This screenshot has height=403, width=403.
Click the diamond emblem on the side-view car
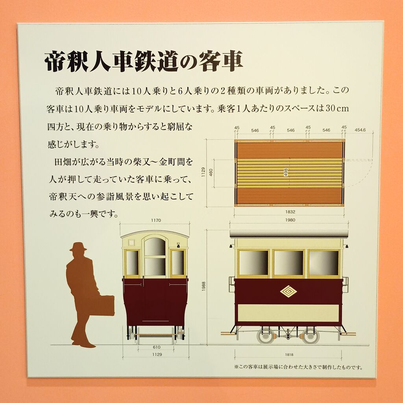[x=288, y=292]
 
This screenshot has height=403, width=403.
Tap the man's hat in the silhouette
[x=78, y=247]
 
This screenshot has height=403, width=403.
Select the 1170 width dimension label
[x=156, y=220]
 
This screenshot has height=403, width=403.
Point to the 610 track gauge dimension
[x=157, y=347]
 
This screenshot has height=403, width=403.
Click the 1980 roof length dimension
[x=290, y=220]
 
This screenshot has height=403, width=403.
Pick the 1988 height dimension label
[x=203, y=287]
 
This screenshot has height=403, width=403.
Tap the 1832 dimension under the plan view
[x=290, y=212]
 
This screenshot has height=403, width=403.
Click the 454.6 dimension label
[x=360, y=130]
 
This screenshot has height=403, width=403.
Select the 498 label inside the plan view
[x=286, y=172]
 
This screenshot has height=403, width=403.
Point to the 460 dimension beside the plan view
[x=211, y=172]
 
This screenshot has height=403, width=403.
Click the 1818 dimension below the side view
[x=289, y=355]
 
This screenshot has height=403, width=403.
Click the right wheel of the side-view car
[x=311, y=336]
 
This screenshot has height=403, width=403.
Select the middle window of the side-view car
[x=288, y=263]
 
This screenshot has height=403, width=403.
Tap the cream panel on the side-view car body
[x=288, y=313]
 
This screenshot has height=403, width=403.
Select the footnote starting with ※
[x=298, y=367]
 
